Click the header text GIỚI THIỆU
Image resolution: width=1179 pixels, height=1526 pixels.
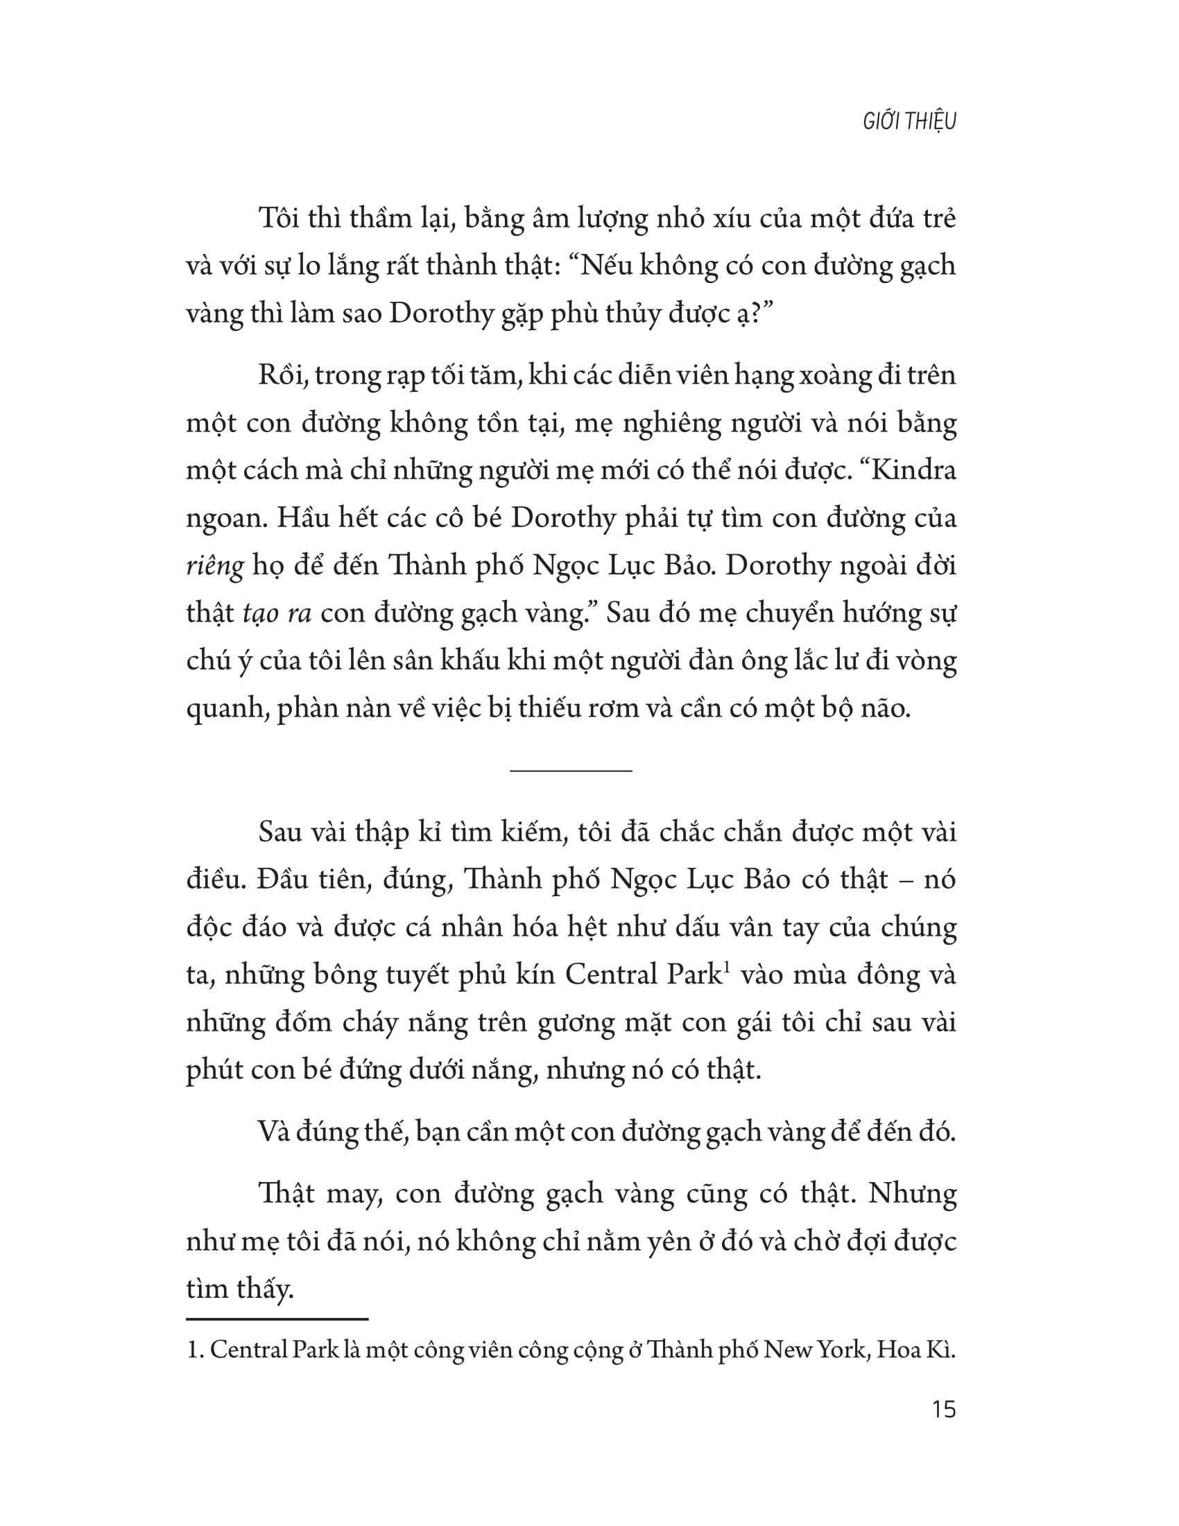pyautogui.click(x=909, y=121)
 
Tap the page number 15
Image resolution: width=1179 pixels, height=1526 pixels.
pyautogui.click(x=943, y=1409)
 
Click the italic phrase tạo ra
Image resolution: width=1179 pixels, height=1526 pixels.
pyautogui.click(x=277, y=613)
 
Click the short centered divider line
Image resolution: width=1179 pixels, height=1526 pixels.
pyautogui.click(x=571, y=771)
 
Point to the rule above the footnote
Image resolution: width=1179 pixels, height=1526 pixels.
pyautogui.click(x=277, y=1319)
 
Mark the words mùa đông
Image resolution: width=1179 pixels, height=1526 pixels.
pyautogui.click(x=866, y=975)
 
